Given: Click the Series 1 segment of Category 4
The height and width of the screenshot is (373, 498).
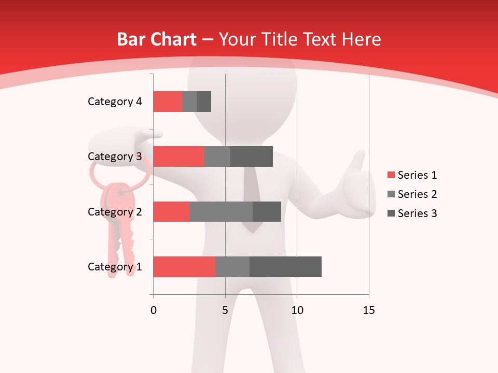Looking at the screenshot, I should tap(168, 102).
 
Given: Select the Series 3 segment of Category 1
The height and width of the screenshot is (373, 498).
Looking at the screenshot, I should tap(285, 267).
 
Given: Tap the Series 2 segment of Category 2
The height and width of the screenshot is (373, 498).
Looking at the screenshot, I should tap(221, 211).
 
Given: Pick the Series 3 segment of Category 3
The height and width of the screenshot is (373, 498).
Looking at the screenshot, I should tap(251, 156).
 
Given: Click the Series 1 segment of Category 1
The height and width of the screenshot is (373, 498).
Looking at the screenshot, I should tap(184, 267).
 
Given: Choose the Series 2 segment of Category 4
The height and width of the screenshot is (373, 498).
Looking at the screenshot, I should tap(189, 102).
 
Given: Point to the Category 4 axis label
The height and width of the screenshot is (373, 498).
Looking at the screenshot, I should tap(115, 102).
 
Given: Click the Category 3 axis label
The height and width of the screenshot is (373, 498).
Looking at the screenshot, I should tap(115, 156).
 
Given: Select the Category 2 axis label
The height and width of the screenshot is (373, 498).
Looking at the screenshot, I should tap(115, 211).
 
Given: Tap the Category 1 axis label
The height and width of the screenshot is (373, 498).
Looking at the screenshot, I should tap(115, 267).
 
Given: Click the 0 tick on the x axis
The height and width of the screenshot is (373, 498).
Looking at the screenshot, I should tap(154, 310).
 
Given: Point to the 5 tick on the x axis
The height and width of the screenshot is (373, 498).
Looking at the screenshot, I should tap(225, 310).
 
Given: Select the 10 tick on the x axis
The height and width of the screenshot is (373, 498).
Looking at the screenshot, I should tap(297, 310).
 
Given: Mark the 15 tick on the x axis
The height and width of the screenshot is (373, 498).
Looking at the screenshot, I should tap(368, 310).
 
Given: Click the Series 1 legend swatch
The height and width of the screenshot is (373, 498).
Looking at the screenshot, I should tap(391, 175).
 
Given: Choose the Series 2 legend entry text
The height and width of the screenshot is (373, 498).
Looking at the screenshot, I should tap(417, 194).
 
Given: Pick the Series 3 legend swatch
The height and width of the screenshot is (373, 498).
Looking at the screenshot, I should tap(391, 213).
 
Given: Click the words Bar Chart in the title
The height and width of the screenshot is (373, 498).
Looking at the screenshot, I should tap(157, 39).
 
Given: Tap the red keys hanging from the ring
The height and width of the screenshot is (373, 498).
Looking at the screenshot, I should tap(120, 223).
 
